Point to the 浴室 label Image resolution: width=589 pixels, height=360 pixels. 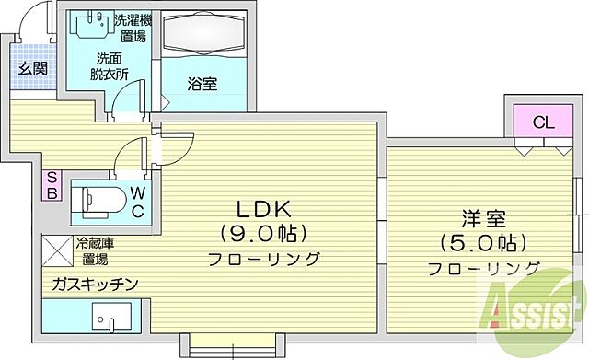pyautogui.click(x=202, y=84)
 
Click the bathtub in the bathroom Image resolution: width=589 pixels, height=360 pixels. pyautogui.click(x=204, y=40)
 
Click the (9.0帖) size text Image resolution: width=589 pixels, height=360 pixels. pyautogui.click(x=262, y=231)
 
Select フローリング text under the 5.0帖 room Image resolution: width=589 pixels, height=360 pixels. pyautogui.click(x=482, y=269)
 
